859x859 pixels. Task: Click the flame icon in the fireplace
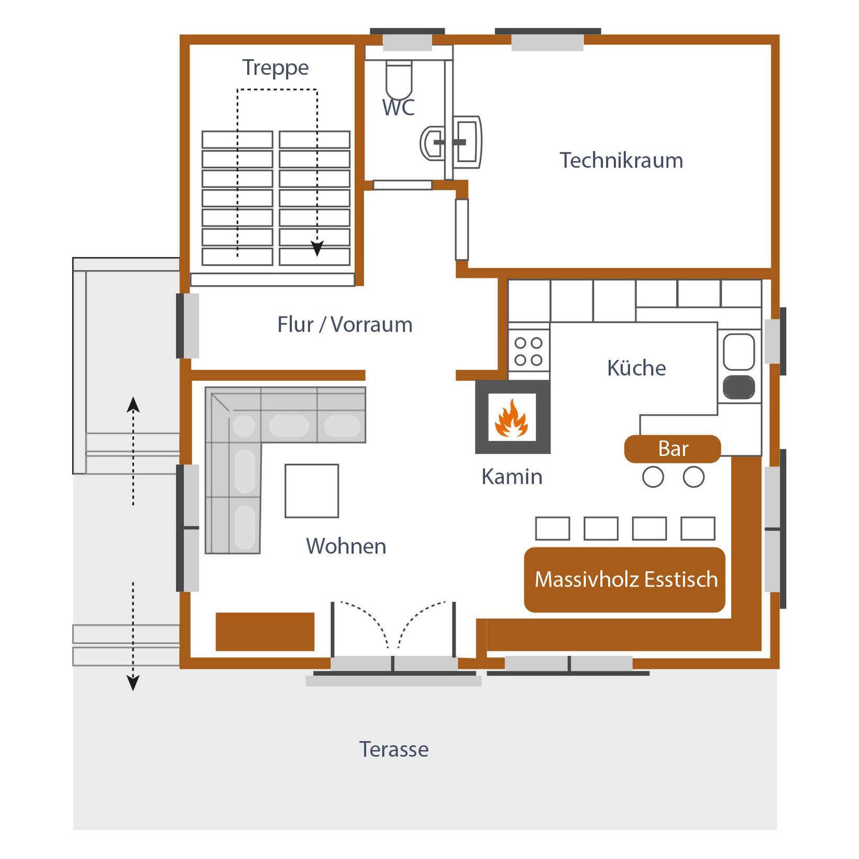tap(512, 417)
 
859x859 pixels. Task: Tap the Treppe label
tap(276, 68)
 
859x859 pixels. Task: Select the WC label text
tap(398, 107)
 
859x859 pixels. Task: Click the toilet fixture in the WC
tap(399, 80)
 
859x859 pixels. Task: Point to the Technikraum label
tap(621, 160)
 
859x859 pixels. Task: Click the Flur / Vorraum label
tap(345, 325)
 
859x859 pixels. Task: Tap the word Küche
tap(636, 368)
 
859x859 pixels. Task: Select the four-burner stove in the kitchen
tap(528, 351)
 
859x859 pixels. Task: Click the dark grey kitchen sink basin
tap(739, 387)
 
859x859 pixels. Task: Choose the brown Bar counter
tap(673, 449)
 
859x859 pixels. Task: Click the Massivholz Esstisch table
tap(625, 580)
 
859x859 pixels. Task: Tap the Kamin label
tap(512, 477)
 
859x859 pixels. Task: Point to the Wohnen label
tap(346, 546)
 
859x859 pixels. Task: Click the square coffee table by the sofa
tap(312, 491)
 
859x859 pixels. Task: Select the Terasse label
tap(394, 750)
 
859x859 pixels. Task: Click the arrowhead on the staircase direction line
tap(317, 248)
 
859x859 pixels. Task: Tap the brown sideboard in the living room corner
tap(265, 632)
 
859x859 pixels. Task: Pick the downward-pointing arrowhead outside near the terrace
tap(133, 683)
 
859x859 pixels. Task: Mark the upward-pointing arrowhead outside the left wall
tap(133, 404)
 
